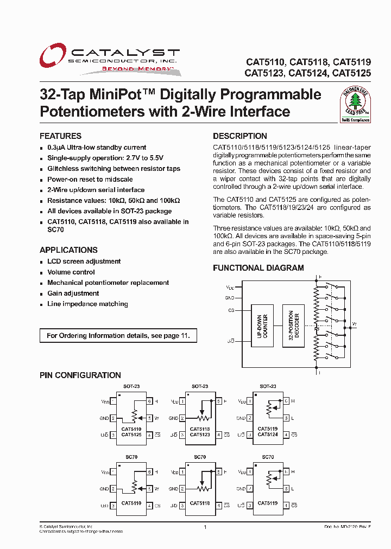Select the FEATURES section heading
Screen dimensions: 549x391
point(60,136)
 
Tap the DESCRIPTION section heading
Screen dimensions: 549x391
point(239,136)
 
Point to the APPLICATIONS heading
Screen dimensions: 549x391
point(68,250)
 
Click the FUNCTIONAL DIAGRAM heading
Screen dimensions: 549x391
point(258,268)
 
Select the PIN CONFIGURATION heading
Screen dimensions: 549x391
point(80,375)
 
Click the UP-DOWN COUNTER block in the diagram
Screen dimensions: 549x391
point(262,325)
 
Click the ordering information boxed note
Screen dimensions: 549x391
point(118,336)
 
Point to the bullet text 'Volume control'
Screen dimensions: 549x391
point(71,272)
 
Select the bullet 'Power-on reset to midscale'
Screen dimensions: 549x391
point(90,180)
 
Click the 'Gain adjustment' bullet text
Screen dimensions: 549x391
point(73,293)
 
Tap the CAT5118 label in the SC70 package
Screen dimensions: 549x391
point(200,503)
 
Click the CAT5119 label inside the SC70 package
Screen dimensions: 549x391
point(268,503)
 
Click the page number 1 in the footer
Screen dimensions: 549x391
point(205,527)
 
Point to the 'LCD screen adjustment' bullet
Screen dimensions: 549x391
point(84,261)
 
